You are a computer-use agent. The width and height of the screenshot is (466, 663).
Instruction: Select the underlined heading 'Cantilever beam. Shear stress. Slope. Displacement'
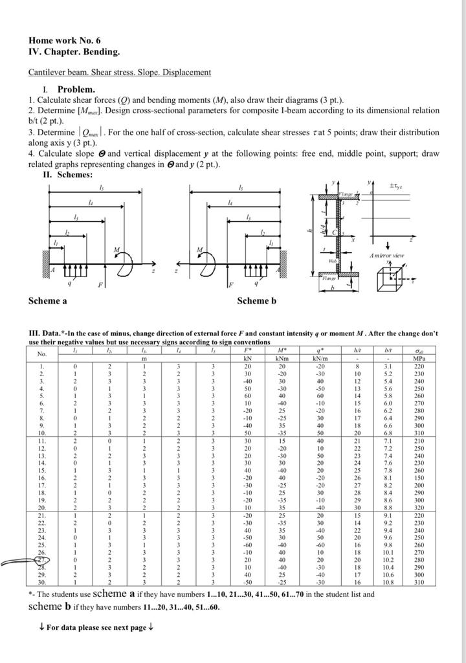pos(120,72)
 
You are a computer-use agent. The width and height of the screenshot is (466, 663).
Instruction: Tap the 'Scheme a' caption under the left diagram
pos(48,300)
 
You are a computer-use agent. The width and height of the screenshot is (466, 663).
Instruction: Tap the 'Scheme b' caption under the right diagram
pos(256,300)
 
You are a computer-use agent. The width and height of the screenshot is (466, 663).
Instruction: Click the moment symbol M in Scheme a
pos(117,249)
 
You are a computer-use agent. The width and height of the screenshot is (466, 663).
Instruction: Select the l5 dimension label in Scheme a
pos(100,187)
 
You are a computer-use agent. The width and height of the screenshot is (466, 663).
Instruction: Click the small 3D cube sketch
pos(390,279)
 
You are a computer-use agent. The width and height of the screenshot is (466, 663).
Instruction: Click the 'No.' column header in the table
pos(42,354)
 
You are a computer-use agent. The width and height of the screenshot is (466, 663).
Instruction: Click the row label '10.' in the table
pos(42,432)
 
